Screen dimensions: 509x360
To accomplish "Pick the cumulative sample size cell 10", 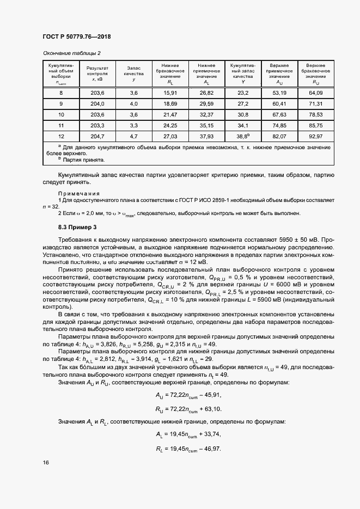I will [61, 114].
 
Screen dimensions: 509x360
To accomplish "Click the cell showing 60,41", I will [279, 103].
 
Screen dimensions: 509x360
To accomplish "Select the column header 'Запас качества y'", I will [134, 72].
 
